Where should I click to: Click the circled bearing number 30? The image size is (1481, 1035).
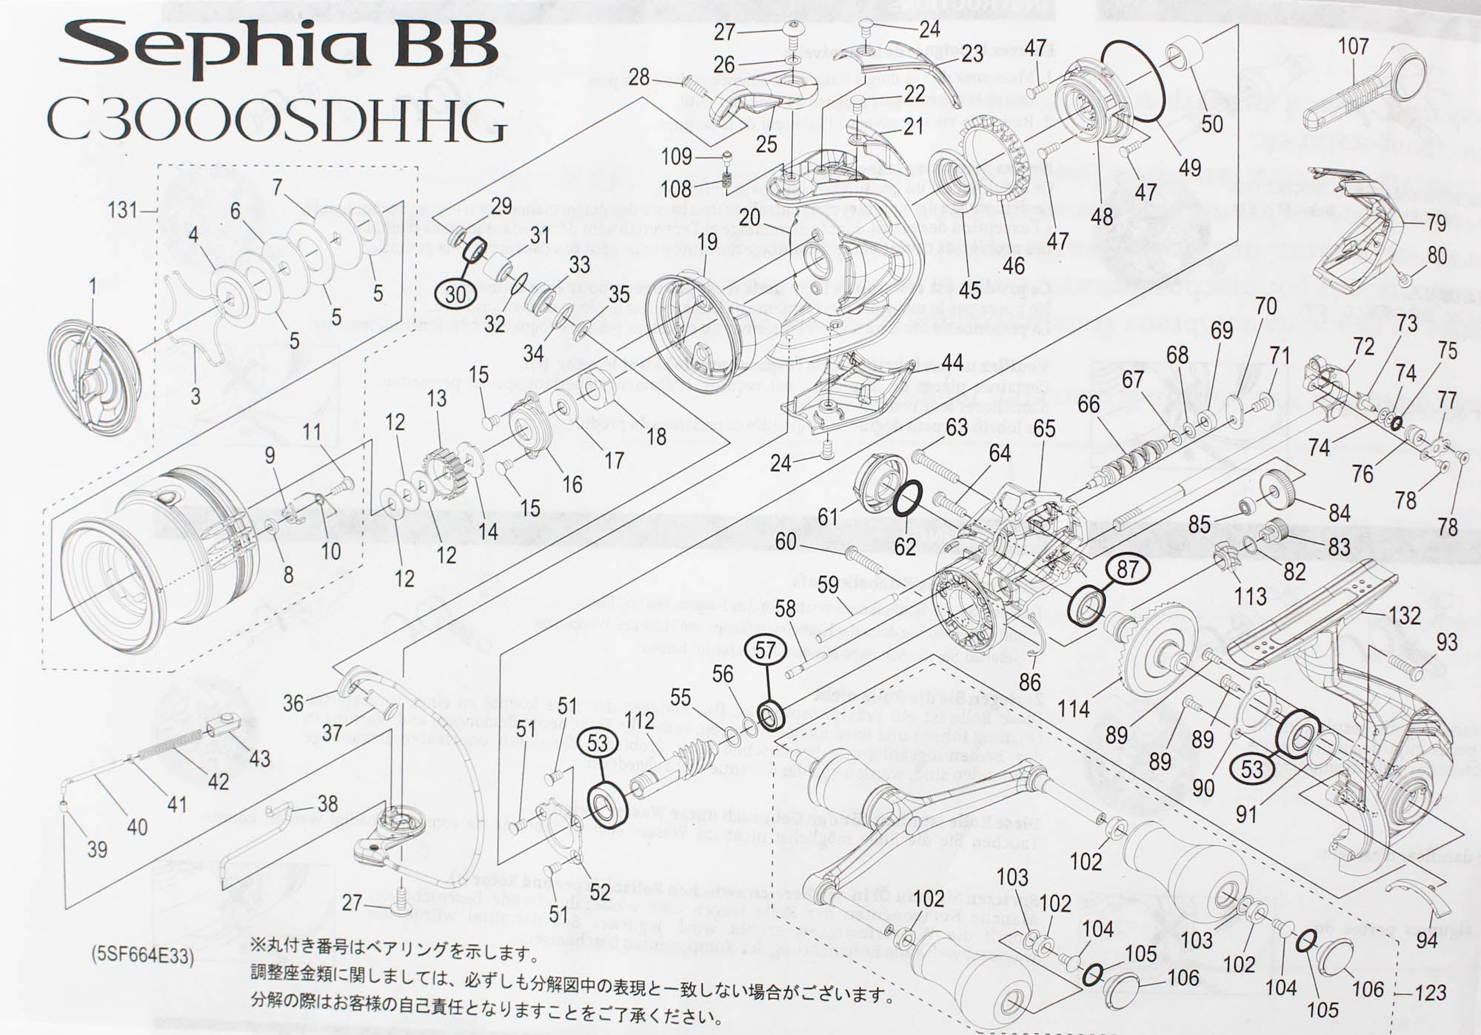coord(455,294)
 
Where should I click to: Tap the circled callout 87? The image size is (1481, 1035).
coord(1127,569)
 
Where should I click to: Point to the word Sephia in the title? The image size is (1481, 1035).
coord(215,46)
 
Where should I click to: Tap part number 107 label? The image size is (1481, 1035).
coord(1353,46)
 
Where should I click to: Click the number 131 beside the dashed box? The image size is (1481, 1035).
coord(122,210)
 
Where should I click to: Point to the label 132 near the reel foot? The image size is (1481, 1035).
coord(1404,615)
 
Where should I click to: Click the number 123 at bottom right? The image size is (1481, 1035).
coord(1429,992)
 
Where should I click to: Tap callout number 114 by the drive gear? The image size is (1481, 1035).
coord(1074,709)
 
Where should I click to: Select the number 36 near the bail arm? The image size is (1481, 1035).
coord(293,703)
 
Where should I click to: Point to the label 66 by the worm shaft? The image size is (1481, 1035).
coord(1089,404)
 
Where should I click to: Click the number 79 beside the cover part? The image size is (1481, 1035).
coord(1435,221)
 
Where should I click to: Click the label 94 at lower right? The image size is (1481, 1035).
coord(1425,939)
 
